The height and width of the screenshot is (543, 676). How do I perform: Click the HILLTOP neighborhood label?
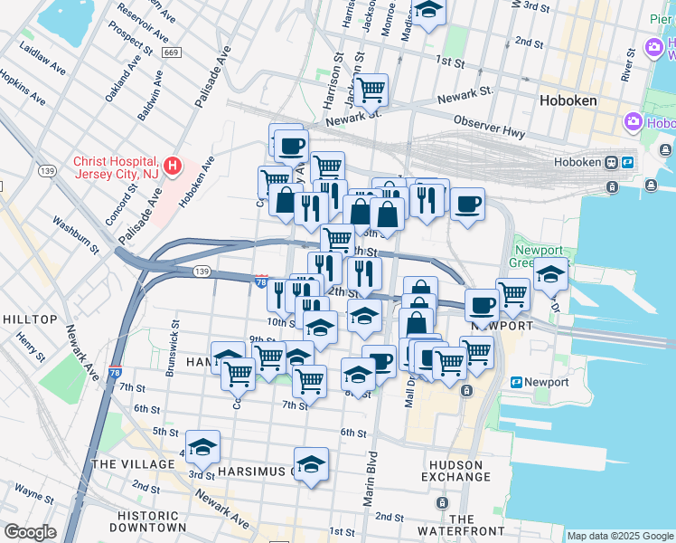[30, 319]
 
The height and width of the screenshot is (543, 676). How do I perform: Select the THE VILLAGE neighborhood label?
[133, 464]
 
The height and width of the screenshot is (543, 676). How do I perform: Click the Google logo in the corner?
[30, 532]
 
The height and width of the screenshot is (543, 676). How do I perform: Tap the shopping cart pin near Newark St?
[370, 90]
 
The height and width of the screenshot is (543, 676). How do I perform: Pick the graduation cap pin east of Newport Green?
[549, 272]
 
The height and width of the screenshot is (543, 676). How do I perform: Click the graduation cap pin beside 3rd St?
[203, 446]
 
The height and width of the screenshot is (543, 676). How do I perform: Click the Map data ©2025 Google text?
[619, 536]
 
